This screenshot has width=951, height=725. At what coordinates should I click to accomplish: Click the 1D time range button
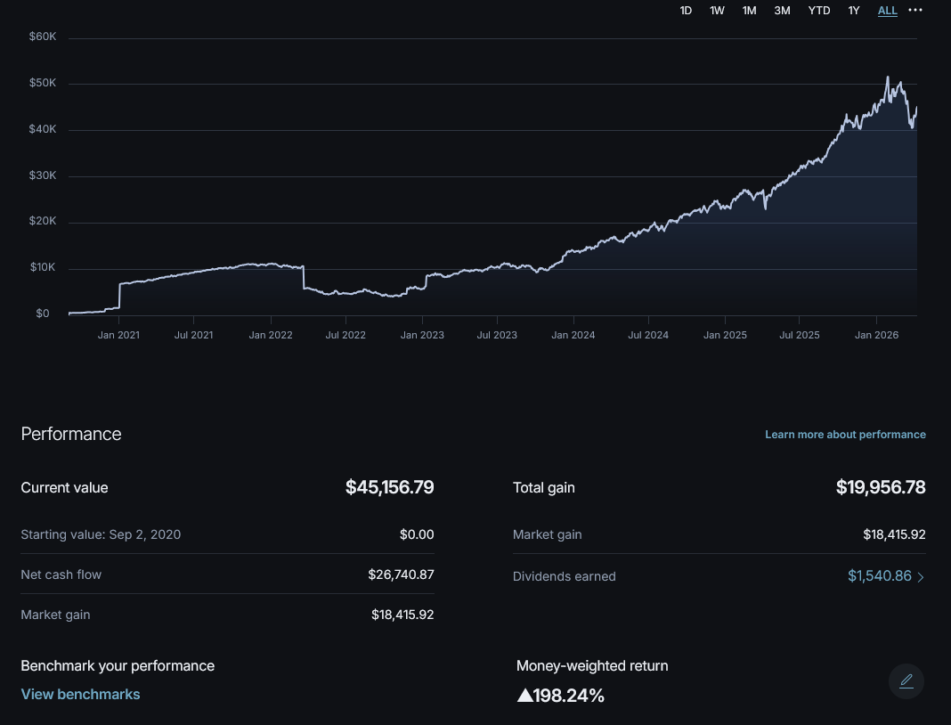coord(686,11)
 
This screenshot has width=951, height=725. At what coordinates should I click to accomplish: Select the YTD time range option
coord(818,11)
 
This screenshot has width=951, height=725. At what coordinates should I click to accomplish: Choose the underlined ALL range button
coord(887,11)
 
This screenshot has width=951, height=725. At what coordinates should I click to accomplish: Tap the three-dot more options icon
coord(915,10)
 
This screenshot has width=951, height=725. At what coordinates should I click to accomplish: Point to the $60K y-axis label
coord(43,37)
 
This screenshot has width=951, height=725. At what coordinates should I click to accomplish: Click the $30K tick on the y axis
coord(43,175)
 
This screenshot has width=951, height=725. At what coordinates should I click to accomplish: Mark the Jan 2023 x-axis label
coord(422,336)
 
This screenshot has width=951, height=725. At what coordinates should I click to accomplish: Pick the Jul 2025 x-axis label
coord(800,336)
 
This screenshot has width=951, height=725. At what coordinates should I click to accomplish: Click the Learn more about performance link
coord(845,435)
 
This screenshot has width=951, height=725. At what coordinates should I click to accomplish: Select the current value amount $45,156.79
coord(389,487)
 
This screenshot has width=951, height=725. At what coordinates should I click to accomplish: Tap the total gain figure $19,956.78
coord(881,487)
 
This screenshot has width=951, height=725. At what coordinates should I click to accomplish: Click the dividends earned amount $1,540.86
coord(879,576)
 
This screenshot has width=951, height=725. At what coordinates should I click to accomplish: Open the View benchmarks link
coord(80,694)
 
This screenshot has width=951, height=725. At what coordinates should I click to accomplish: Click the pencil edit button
coord(906,681)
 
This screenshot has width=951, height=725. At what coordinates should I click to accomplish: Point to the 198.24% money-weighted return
coord(561,696)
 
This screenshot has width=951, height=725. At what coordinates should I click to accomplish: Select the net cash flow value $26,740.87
coord(401,574)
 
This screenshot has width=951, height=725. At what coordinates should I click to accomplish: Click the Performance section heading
coord(71,434)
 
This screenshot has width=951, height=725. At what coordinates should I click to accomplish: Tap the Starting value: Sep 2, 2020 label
coord(101,534)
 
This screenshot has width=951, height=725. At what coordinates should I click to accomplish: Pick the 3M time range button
coord(782,11)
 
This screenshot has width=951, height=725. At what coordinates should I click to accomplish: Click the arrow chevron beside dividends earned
coord(921,577)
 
